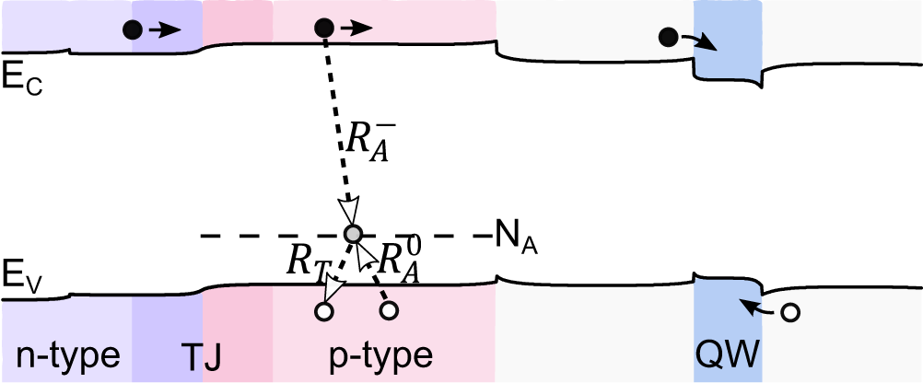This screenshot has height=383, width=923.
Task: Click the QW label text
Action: click(x=728, y=354)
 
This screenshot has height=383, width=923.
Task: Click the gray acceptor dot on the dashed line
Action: click(x=351, y=234)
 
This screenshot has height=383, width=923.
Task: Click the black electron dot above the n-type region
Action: click(x=134, y=29)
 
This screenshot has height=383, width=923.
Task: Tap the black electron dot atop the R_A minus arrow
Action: click(x=323, y=29)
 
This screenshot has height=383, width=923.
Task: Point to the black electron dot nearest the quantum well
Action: click(x=668, y=38)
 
